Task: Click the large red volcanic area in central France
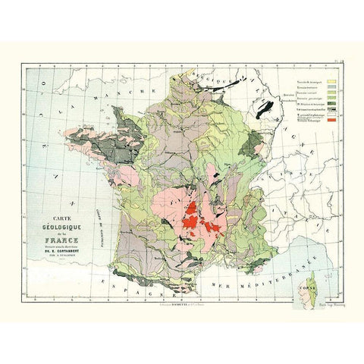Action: click(x=194, y=217)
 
